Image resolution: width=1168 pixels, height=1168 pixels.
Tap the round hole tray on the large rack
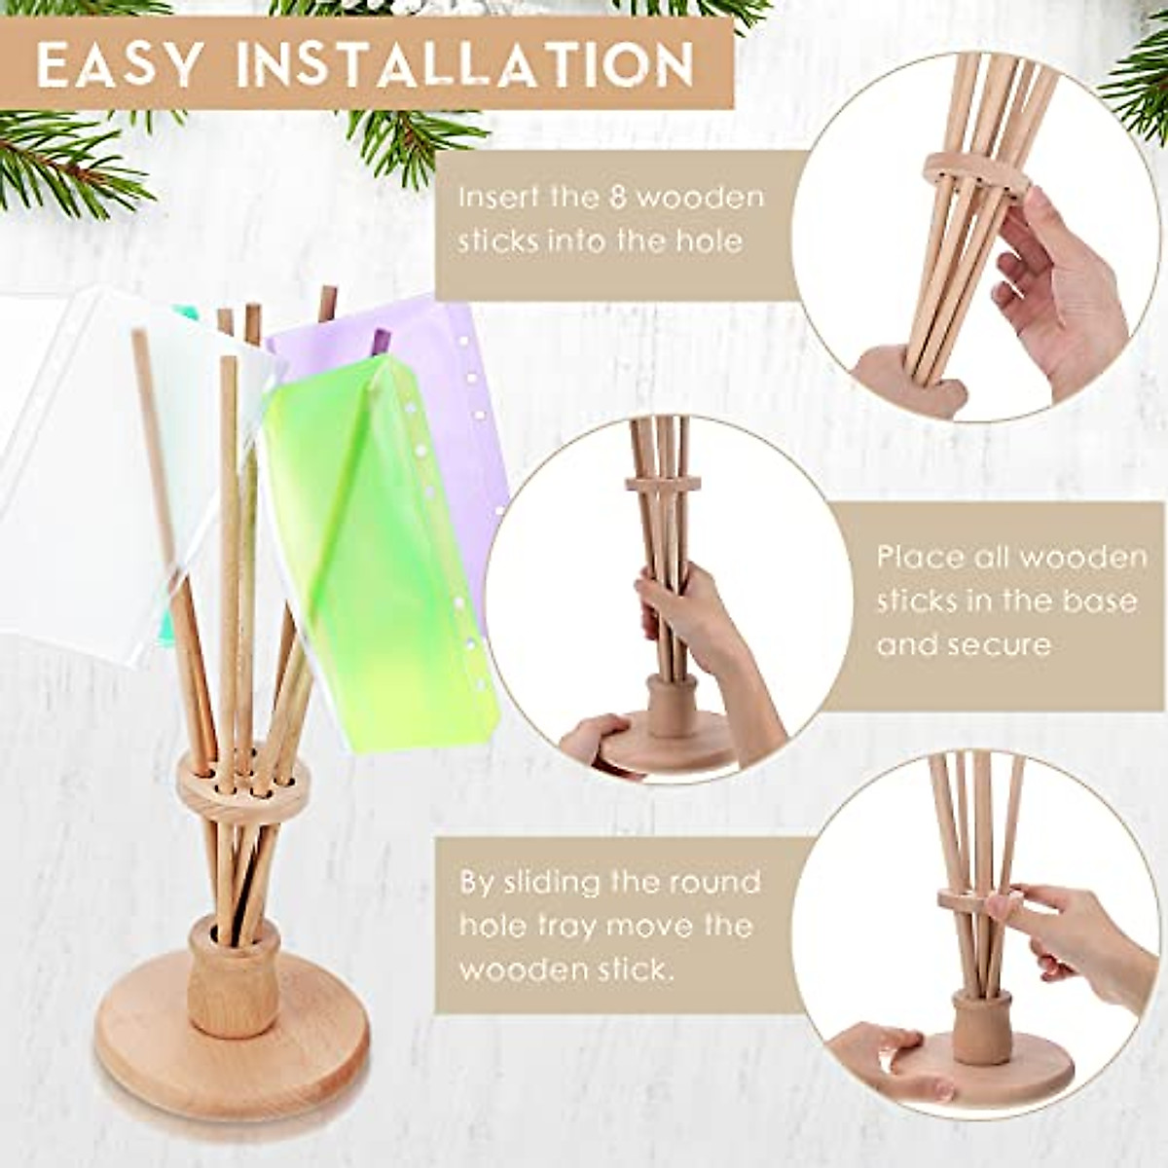click(x=243, y=785)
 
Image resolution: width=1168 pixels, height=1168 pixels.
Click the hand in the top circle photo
click(x=1061, y=292)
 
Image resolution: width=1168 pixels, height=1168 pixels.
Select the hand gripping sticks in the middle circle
click(x=681, y=623)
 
